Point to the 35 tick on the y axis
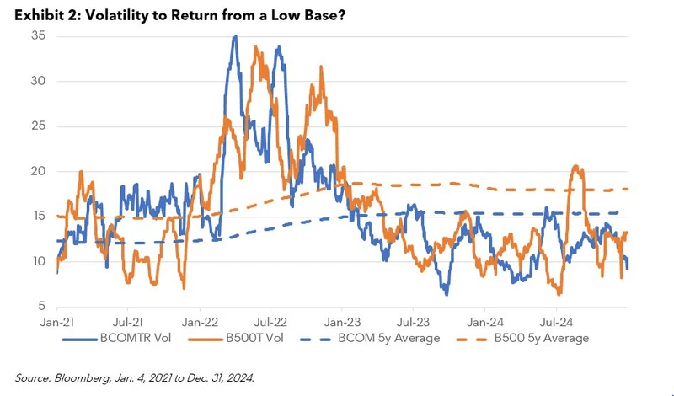pyautogui.click(x=38, y=36)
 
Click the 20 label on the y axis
pyautogui.click(x=38, y=171)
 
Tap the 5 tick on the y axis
pyautogui.click(x=40, y=306)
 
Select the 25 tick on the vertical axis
pyautogui.click(x=38, y=126)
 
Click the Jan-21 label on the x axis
pyautogui.click(x=56, y=321)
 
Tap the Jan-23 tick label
pyautogui.click(x=343, y=321)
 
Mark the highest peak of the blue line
pyautogui.click(x=235, y=36)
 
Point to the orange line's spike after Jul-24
pyautogui.click(x=577, y=166)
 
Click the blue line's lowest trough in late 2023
pyautogui.click(x=447, y=294)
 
